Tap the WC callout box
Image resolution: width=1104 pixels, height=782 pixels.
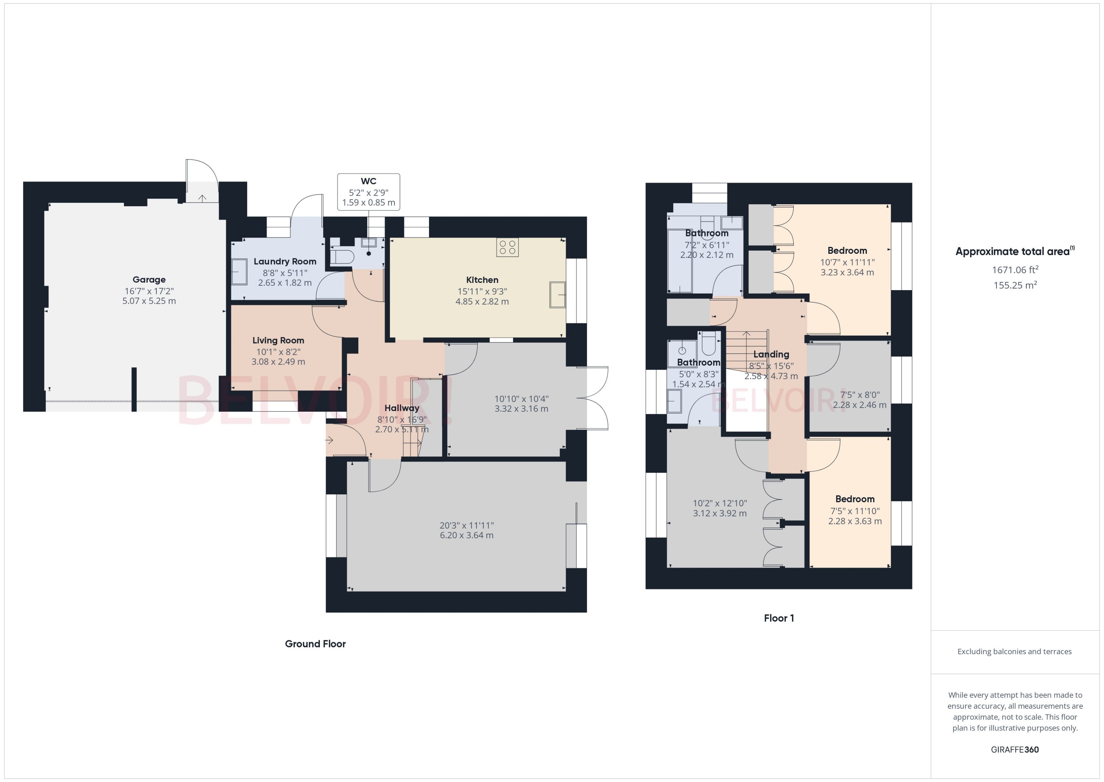point(368,192)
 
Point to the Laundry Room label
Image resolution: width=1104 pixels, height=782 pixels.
point(285,261)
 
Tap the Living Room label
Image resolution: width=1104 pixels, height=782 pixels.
point(278,340)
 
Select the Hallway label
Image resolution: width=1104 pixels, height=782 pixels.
point(402,408)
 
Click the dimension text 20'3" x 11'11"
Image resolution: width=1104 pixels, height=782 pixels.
point(467,525)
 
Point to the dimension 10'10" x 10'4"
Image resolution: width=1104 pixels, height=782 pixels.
point(521,399)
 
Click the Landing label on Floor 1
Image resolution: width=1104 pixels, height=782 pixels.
point(771,355)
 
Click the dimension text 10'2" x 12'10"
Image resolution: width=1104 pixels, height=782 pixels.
point(719,503)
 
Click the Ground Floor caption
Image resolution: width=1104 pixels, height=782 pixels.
point(315,644)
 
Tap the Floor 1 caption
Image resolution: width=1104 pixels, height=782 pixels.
point(779,618)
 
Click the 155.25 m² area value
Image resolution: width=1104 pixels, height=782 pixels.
point(1015,285)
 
